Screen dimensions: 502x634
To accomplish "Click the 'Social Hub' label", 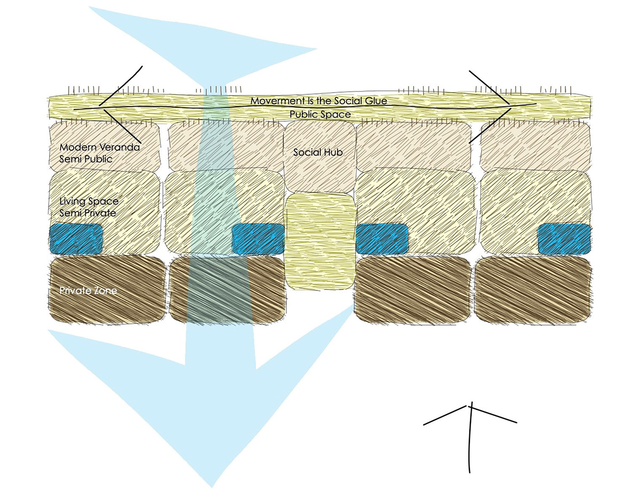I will [x=318, y=152].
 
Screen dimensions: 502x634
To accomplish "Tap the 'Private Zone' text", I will [x=88, y=291].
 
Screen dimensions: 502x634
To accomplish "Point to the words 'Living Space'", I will [x=89, y=201].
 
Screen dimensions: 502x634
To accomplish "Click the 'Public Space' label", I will [x=320, y=114].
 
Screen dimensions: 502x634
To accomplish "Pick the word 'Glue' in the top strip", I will [x=374, y=101].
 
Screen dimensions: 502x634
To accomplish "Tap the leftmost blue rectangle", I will [x=76, y=238].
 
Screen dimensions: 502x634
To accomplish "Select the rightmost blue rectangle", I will [x=564, y=238].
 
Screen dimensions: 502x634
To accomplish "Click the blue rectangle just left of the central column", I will [x=258, y=238].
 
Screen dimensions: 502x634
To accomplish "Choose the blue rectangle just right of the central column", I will [x=382, y=238].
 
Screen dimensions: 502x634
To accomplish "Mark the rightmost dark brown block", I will [x=533, y=290].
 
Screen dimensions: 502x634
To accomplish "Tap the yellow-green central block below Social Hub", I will [x=320, y=241].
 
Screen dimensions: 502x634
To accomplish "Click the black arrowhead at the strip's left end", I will [x=100, y=105].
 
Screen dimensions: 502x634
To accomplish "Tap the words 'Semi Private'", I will [x=88, y=213].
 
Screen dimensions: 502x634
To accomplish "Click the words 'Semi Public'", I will [x=86, y=159].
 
